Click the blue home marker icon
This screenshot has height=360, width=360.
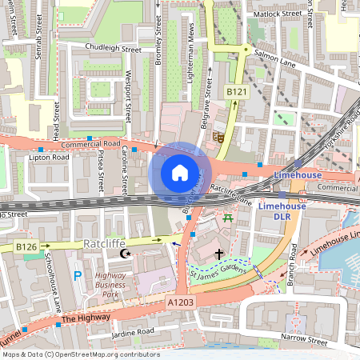tap(180, 172)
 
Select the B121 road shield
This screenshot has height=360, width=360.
tap(234, 93)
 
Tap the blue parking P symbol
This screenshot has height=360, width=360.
tap(78, 276)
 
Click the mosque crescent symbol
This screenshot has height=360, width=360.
tap(124, 254)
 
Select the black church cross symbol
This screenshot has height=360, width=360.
tap(218, 254)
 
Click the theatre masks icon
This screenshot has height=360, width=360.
tap(217, 137)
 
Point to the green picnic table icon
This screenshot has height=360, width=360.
tap(229, 217)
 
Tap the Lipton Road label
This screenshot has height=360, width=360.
tap(50, 158)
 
